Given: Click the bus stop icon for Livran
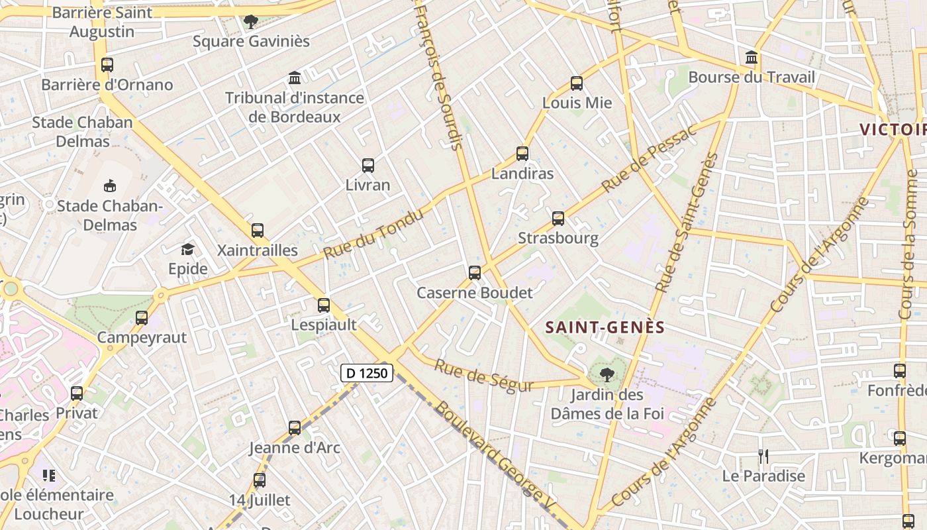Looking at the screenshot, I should [368, 166].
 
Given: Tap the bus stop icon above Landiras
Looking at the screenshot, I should [522, 154].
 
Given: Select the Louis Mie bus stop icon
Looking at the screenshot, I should [577, 83].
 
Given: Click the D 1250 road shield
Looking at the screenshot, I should [367, 373].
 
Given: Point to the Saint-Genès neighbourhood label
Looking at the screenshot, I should [605, 327].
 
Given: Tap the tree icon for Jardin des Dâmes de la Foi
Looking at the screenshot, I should [606, 376].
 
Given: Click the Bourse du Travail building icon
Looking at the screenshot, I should [752, 58].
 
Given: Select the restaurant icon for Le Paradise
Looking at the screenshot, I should [763, 456].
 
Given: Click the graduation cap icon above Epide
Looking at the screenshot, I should [188, 249].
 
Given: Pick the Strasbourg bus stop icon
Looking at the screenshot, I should [558, 218].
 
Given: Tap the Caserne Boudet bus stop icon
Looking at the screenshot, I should [475, 272].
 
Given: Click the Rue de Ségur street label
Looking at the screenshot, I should [484, 376].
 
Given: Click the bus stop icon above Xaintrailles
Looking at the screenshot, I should [258, 231].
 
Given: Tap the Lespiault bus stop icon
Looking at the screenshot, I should [324, 305].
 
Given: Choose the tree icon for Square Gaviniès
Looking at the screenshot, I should [251, 22].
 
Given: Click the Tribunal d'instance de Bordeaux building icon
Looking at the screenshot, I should [295, 78].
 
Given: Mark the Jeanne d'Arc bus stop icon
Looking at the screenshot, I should [295, 428].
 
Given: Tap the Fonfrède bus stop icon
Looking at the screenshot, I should [899, 371].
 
